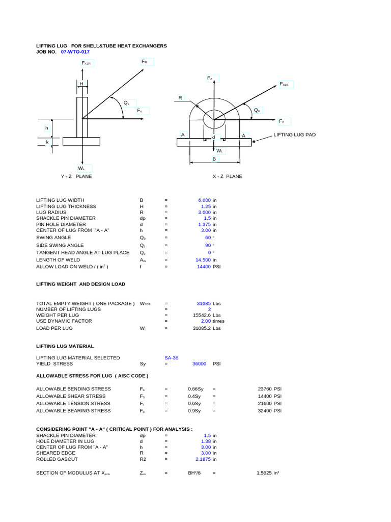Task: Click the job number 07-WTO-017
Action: [75, 52]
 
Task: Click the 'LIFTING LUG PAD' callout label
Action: [295, 135]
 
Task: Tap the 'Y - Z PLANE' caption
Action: [76, 176]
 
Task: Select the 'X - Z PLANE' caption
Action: [228, 176]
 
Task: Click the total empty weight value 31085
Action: [204, 303]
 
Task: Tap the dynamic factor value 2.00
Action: [206, 321]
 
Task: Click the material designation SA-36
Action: [172, 358]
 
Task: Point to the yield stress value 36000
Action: [199, 364]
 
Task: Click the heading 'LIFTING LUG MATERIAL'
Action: [65, 346]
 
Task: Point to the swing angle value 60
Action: [208, 238]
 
